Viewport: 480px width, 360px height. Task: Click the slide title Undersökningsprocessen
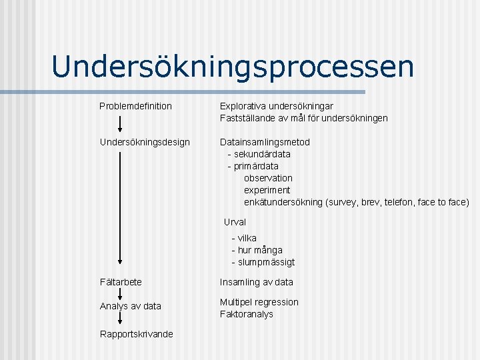(233, 67)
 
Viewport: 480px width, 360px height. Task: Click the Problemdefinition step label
(135, 106)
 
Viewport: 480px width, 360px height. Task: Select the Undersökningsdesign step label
(145, 142)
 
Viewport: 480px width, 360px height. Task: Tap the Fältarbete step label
(121, 282)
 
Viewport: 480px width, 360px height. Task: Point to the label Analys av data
(131, 306)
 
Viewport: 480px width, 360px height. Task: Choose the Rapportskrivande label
(137, 334)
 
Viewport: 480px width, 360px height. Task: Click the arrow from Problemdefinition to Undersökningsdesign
(120, 124)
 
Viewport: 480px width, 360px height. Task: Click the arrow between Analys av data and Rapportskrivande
(120, 319)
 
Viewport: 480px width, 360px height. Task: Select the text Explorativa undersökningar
(277, 106)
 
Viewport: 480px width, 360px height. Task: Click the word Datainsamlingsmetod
(265, 142)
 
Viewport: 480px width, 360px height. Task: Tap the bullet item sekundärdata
(262, 154)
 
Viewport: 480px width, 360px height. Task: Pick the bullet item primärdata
(256, 166)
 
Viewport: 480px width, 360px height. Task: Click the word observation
(268, 178)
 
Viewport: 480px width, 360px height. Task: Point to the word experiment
(267, 190)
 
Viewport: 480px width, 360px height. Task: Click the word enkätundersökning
(283, 202)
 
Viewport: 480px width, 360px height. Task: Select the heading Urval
(235, 222)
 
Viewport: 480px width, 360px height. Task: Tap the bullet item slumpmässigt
(266, 262)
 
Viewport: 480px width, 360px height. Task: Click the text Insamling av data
(257, 282)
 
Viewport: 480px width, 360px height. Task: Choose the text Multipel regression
(259, 302)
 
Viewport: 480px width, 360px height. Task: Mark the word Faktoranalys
(247, 314)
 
